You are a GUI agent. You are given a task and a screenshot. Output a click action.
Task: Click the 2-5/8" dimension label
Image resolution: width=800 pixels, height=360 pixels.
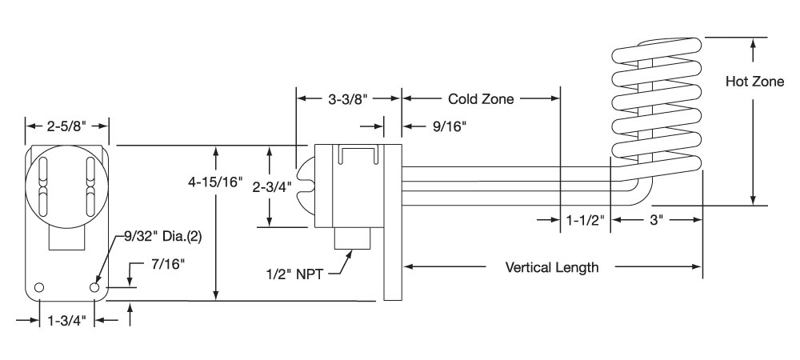(x=66, y=126)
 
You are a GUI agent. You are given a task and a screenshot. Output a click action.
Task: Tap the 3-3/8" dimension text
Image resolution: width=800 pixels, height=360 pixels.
(x=348, y=100)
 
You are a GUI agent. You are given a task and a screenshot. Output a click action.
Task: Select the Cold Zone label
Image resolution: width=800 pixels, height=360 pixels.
(x=480, y=100)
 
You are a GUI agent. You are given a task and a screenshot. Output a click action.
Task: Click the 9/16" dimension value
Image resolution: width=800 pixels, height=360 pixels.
(x=447, y=126)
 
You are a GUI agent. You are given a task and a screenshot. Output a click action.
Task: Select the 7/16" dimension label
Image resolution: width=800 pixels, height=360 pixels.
(x=168, y=262)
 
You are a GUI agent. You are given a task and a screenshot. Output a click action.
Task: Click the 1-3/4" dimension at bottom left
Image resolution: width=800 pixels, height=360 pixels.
(x=67, y=321)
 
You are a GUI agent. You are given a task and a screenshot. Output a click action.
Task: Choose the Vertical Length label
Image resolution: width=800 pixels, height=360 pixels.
(x=552, y=267)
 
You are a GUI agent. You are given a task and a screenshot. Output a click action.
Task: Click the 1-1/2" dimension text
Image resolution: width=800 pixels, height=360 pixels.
(x=586, y=218)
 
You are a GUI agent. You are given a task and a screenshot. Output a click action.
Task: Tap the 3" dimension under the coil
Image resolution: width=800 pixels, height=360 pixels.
(x=657, y=218)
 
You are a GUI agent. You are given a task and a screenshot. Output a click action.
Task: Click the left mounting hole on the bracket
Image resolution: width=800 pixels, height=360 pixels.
(x=38, y=287)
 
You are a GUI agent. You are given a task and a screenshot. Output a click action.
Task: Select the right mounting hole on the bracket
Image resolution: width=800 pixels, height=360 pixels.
(x=95, y=286)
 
